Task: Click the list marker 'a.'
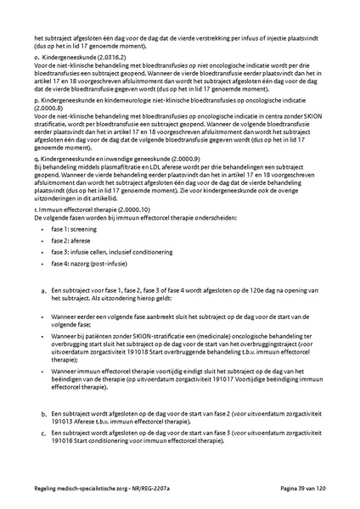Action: tap(43, 292)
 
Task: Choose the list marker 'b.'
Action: tap(43, 414)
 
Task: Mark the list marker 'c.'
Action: tap(43, 433)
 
